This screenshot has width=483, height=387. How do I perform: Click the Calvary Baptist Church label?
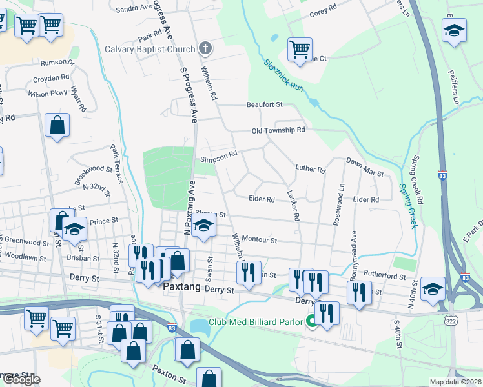pos(150,50)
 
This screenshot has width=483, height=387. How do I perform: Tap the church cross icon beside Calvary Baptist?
pos(205,49)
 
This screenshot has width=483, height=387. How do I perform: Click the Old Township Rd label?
pos(278,130)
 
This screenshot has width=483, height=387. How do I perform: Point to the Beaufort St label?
pos(264,104)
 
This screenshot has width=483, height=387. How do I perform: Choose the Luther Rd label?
pos(310,170)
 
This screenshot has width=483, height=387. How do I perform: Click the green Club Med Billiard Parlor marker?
pos(311,321)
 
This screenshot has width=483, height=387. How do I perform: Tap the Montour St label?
pos(259,240)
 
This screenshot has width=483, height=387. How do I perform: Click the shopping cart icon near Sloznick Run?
pos(300,48)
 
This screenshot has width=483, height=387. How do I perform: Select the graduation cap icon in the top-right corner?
pos(454,30)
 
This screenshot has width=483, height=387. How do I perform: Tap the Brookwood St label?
pos(93,169)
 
